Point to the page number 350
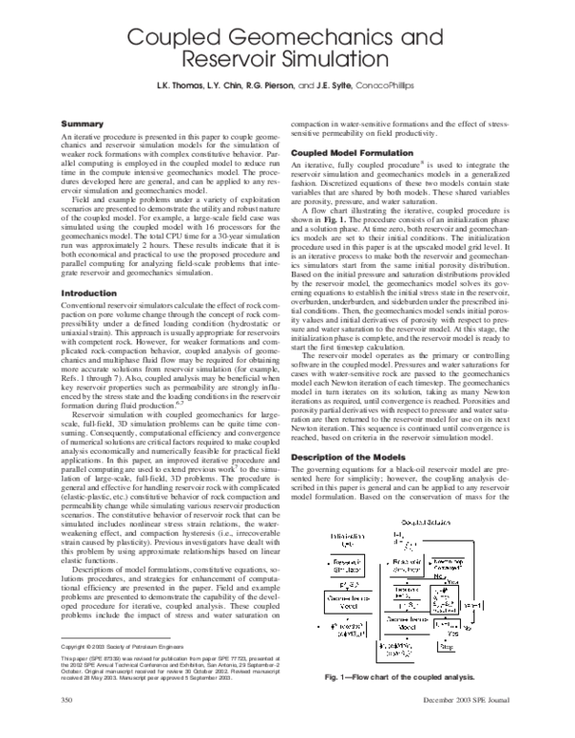click(67, 727)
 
